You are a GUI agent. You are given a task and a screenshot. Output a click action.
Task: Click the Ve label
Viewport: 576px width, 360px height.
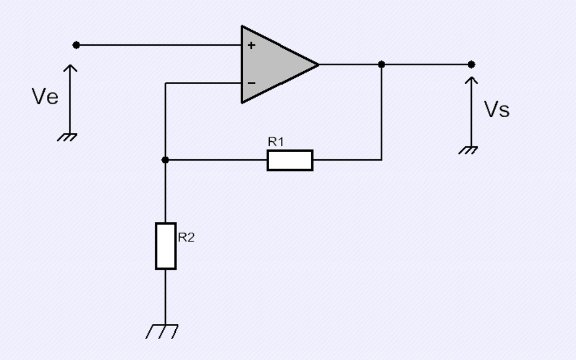coord(45,97)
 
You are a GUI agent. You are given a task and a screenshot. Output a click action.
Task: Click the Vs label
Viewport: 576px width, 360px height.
coord(497,109)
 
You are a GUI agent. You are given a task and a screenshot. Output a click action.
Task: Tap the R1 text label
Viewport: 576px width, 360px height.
coord(276,141)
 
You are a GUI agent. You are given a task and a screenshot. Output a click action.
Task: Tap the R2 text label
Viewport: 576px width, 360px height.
coord(186,237)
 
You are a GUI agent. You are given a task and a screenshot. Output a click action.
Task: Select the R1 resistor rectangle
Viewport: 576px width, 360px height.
coord(290,160)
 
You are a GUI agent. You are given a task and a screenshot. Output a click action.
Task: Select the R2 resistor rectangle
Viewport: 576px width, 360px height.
coord(166,246)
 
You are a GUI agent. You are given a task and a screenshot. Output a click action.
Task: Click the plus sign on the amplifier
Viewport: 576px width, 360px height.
coord(251,45)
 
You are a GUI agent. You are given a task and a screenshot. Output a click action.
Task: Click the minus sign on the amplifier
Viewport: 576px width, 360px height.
coord(252,83)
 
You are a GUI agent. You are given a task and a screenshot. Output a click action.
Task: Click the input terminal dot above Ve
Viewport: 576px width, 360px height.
coord(76,45)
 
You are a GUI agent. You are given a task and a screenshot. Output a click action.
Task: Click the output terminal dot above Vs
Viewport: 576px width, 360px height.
coord(471,65)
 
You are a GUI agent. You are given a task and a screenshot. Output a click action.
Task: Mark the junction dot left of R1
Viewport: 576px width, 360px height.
coord(166,160)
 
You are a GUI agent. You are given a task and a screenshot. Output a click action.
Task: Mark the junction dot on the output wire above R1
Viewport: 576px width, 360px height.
coord(381,65)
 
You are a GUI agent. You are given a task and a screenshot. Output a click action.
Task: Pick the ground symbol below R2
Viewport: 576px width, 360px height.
coord(162,331)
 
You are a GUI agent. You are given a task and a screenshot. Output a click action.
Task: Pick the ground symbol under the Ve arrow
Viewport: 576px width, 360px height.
coord(67,137)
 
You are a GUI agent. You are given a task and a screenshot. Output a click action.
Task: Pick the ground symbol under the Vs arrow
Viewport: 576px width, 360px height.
coord(468,151)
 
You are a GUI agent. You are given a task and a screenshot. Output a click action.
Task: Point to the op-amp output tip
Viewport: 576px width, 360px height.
coord(319,65)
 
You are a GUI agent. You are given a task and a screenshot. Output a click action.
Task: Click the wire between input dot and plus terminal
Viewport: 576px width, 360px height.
coord(159,45)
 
